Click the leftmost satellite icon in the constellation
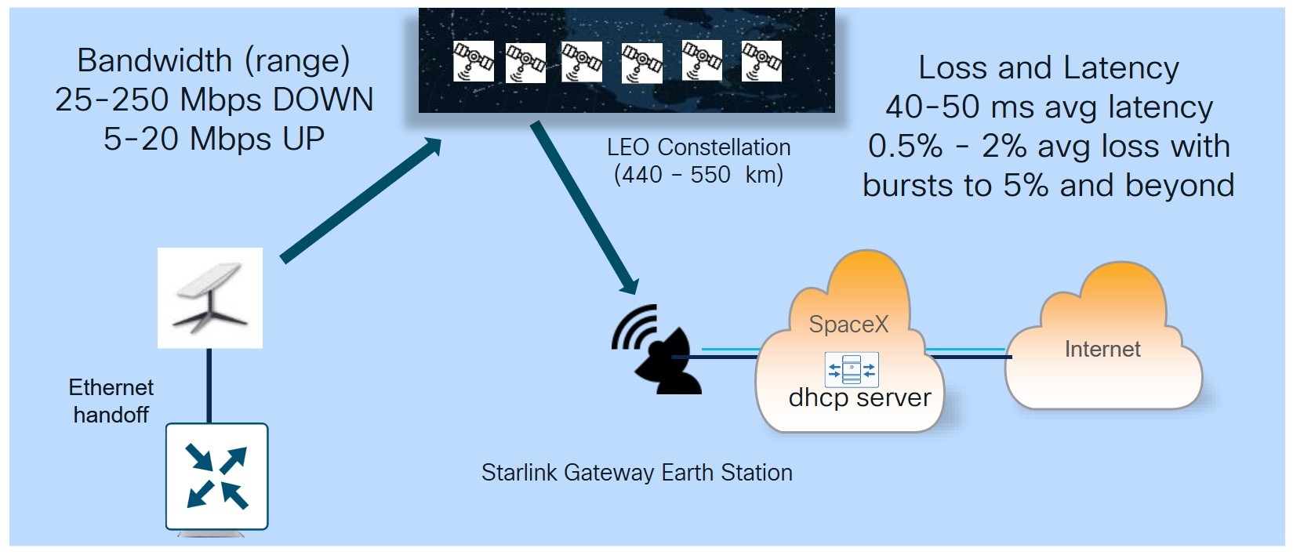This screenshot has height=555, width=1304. tap(474, 61)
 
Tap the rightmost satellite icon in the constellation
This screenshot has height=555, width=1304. tap(761, 61)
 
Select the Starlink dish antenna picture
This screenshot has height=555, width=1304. tap(210, 298)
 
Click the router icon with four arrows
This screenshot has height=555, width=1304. tap(217, 476)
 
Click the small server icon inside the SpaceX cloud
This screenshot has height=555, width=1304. tap(852, 369)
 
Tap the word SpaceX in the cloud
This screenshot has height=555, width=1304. tap(848, 325)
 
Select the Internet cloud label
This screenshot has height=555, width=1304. tap(1102, 350)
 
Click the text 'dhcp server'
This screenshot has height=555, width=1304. tap(859, 398)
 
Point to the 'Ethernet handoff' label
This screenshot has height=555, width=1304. tap(111, 401)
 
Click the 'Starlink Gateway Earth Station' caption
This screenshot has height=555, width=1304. tap(637, 473)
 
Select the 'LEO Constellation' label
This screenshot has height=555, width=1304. tap(699, 147)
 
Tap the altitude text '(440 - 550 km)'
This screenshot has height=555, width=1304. tap(699, 174)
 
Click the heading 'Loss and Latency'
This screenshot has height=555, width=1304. tap(1048, 68)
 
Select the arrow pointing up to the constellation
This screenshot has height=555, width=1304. tap(359, 201)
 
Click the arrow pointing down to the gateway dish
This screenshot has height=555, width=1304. tap(584, 205)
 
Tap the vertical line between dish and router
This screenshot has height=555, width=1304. tap(209, 386)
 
